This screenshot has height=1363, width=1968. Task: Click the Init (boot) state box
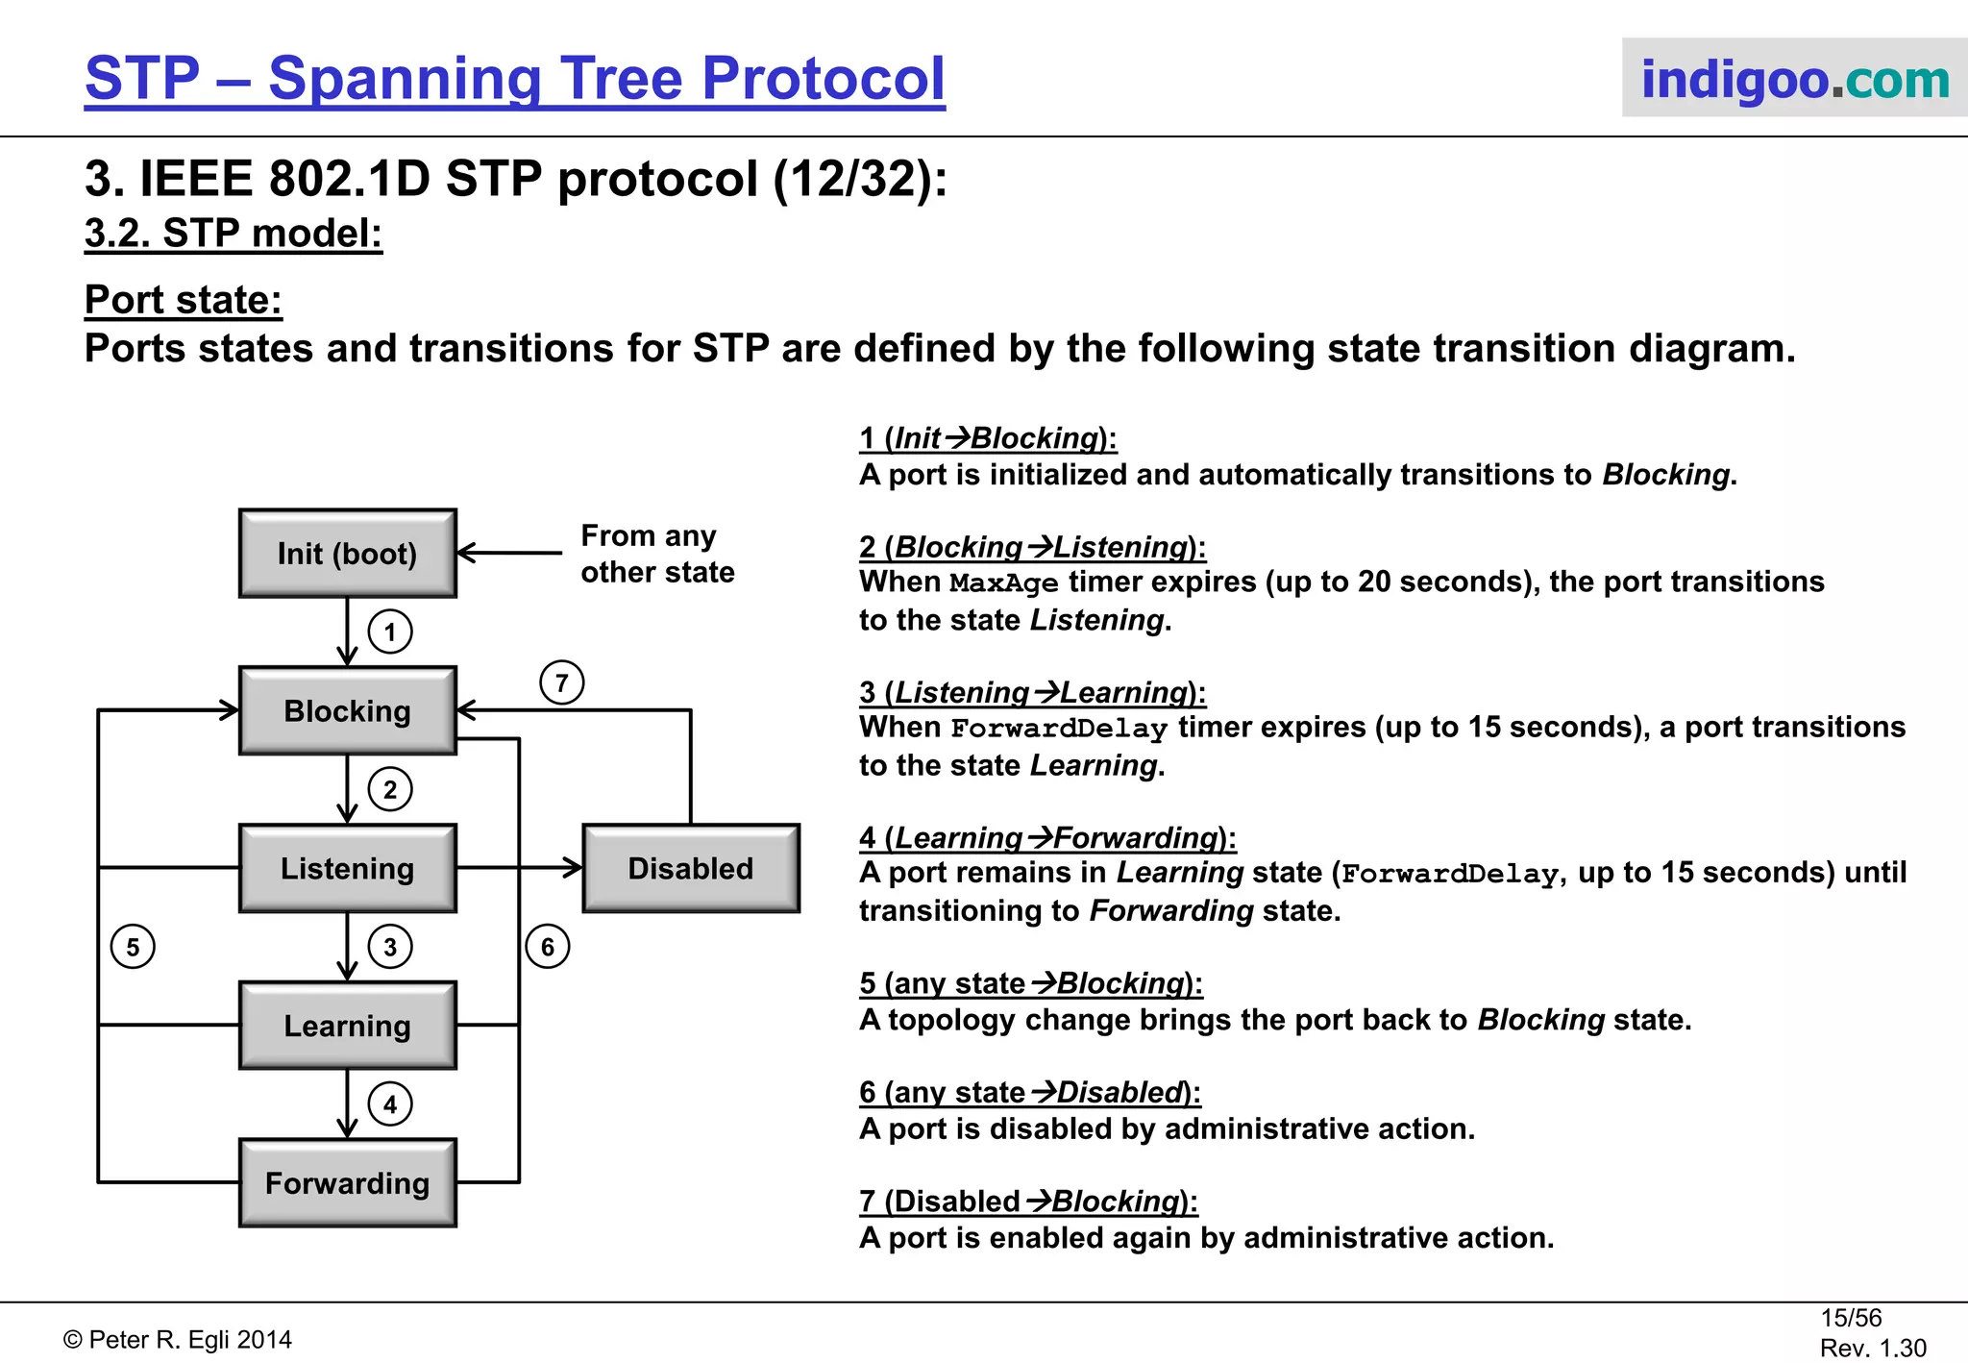[347, 554]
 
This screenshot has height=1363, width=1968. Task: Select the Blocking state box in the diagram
[347, 710]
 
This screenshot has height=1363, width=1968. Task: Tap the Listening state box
[347, 868]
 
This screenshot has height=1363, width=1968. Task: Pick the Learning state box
[347, 1026]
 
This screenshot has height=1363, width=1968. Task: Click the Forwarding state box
[347, 1182]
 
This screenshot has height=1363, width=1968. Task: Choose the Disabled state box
[691, 868]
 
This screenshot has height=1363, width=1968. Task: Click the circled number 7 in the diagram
[562, 682]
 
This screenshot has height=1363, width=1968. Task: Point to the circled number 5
[133, 947]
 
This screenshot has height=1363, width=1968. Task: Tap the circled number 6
[548, 947]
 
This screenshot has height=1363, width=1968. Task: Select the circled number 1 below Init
[390, 632]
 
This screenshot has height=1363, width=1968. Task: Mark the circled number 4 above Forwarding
[390, 1103]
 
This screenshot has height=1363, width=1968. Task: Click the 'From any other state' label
[656, 554]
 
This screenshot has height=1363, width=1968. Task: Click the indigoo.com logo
[1794, 79]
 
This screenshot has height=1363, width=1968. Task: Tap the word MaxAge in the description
[1003, 583]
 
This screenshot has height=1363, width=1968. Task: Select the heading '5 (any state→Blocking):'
[1030, 983]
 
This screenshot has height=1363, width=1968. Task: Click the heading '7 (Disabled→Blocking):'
[1028, 1202]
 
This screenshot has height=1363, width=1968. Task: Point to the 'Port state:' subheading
[183, 300]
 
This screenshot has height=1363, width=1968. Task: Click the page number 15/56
[1850, 1318]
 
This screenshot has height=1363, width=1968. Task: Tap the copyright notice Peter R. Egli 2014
[178, 1340]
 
